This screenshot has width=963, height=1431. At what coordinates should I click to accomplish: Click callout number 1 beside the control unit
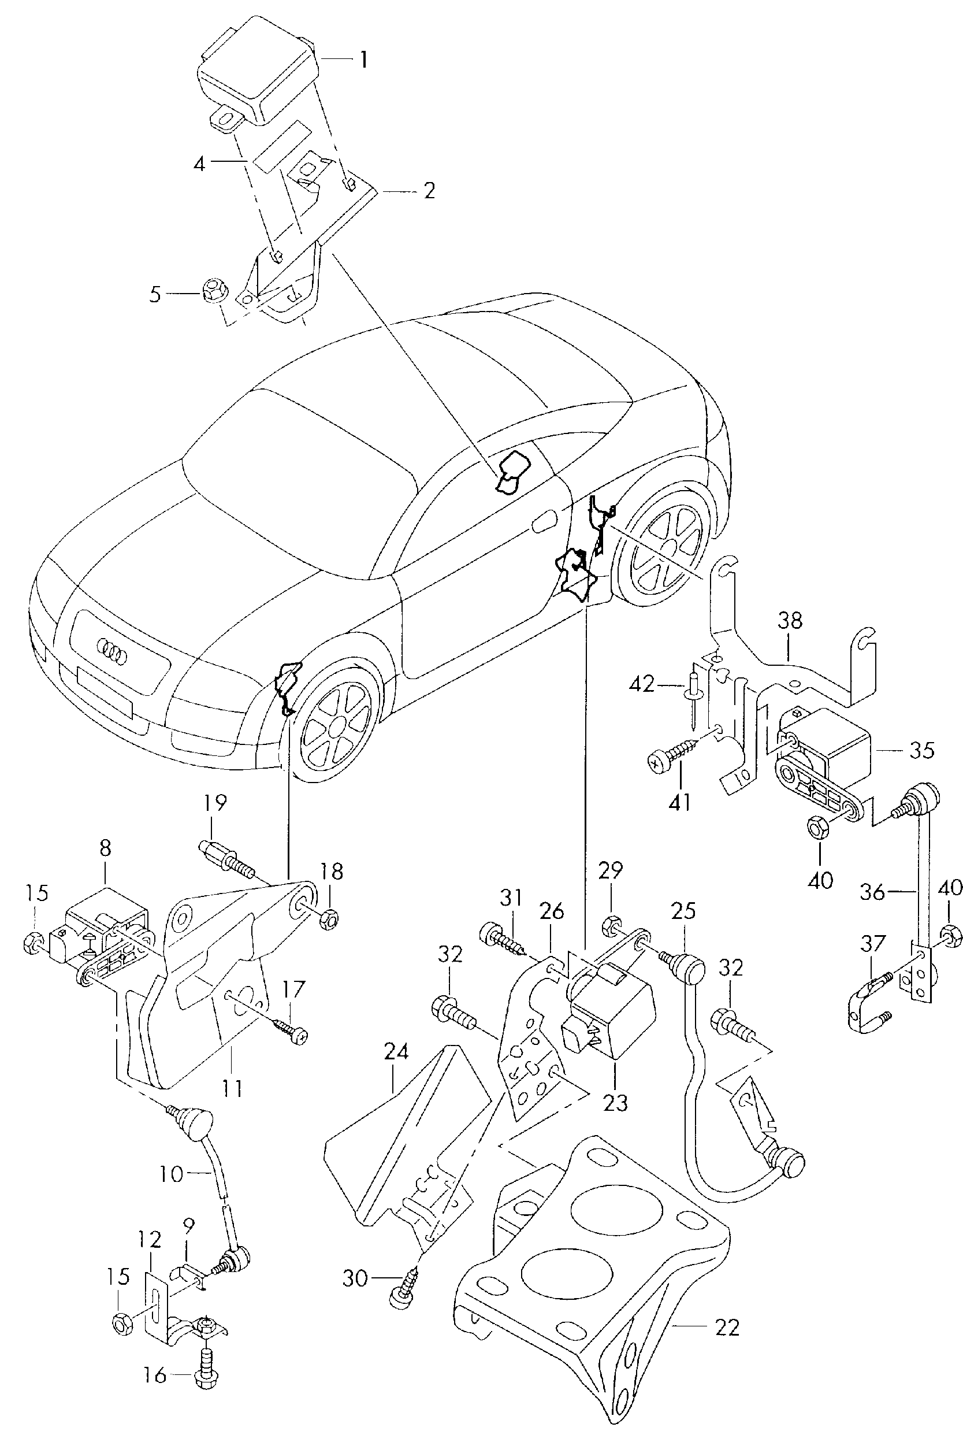click(x=363, y=60)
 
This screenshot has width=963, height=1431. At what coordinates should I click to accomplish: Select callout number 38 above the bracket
click(x=790, y=621)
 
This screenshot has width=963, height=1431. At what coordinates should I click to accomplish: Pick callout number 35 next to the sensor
click(x=921, y=750)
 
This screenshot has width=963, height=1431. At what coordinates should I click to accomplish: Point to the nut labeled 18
click(x=330, y=919)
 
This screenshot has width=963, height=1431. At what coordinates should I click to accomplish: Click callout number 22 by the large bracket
click(x=727, y=1328)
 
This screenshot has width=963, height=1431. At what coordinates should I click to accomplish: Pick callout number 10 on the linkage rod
click(x=172, y=1174)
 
